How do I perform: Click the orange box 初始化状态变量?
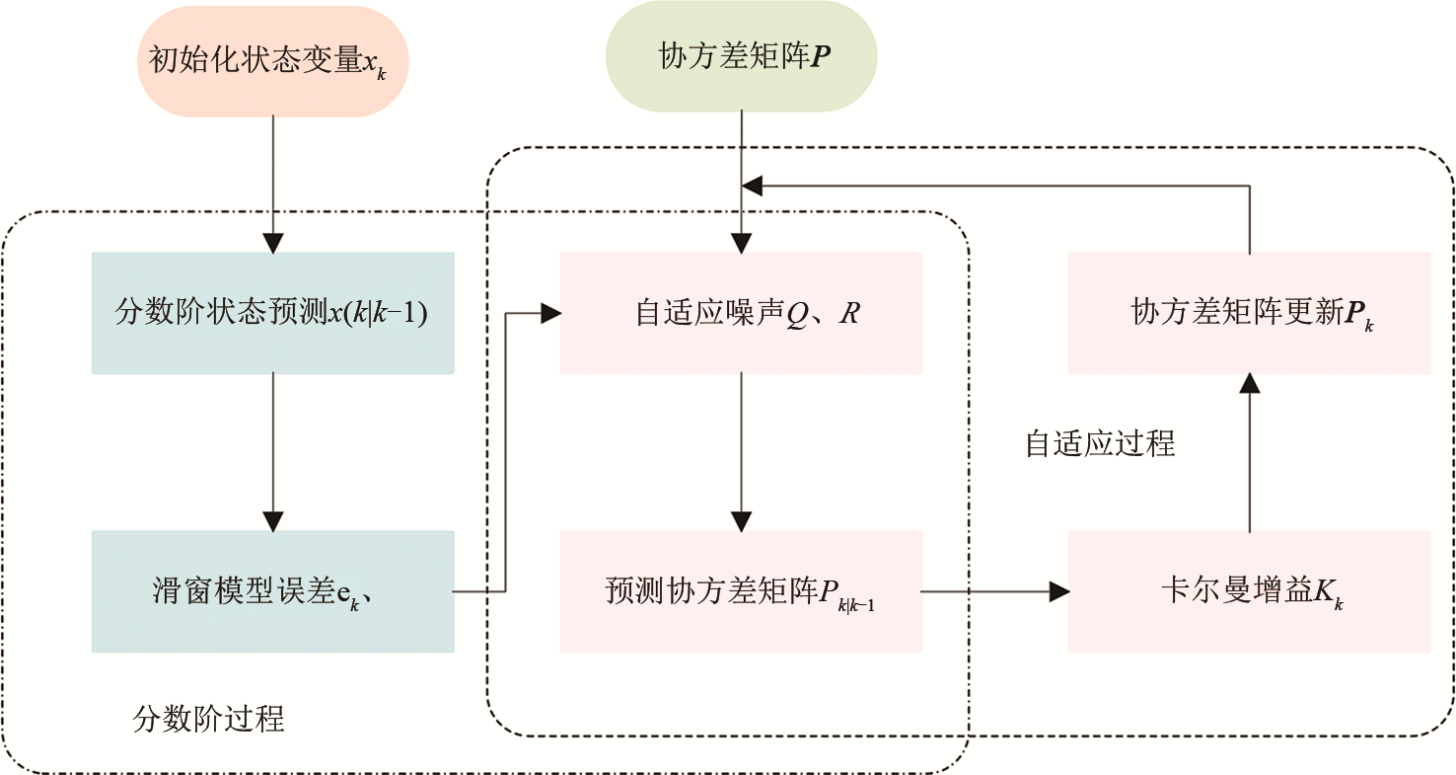click(x=272, y=62)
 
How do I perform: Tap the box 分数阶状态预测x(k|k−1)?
click(x=272, y=313)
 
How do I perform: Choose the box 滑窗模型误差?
click(x=272, y=591)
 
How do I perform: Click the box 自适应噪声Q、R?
click(x=741, y=313)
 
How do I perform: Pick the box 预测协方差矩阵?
click(x=741, y=591)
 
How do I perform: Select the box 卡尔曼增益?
click(x=1249, y=591)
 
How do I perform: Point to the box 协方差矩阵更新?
click(x=1249, y=313)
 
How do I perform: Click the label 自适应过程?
click(x=1100, y=443)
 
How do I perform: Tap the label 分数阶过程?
click(x=208, y=718)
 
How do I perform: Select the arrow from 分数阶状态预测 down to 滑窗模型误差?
click(x=273, y=449)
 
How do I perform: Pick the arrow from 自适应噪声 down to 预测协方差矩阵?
click(x=741, y=449)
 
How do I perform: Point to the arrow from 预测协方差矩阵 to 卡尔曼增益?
click(x=994, y=591)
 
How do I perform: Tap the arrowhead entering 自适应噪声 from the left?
click(x=549, y=314)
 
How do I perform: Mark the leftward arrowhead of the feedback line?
click(x=753, y=185)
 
